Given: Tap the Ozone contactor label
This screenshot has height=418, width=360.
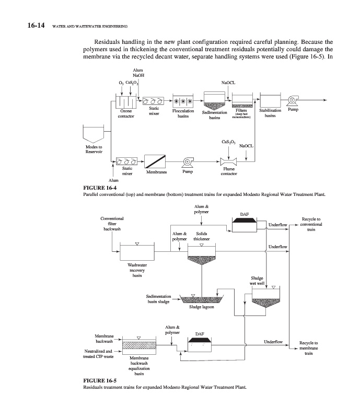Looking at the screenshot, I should (126, 113).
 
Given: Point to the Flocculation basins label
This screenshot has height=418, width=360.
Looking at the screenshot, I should (182, 113).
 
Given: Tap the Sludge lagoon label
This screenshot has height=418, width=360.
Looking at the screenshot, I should (201, 307).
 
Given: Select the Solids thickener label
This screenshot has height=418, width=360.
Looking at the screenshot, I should (201, 237).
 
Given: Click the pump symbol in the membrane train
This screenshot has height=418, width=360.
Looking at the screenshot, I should (187, 162).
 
